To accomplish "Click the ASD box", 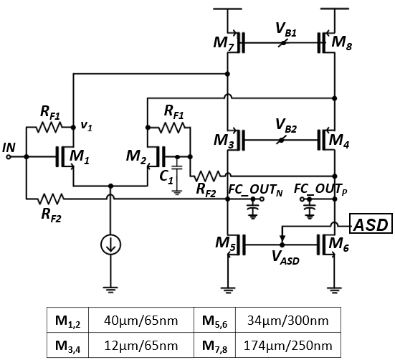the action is [371, 224].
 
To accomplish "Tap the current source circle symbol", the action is [110, 245].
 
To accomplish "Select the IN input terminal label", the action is [9, 148].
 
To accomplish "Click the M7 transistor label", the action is [224, 44].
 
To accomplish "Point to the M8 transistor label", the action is [342, 43].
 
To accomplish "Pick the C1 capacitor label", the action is [166, 177].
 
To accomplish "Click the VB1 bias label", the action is [286, 29].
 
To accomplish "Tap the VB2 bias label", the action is [286, 125].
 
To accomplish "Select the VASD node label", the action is [285, 258].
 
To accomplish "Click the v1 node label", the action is [87, 125].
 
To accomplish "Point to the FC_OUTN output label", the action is [255, 190].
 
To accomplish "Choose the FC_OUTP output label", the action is [320, 189].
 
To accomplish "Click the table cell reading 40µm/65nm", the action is [141, 321].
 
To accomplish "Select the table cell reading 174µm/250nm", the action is [288, 346].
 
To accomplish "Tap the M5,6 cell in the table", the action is [214, 321].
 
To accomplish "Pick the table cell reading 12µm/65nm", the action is [141, 346].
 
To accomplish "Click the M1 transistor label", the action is [80, 156].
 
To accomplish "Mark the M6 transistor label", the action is [339, 244].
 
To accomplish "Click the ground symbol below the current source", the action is [110, 290].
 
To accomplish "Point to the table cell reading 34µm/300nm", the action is [288, 321].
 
